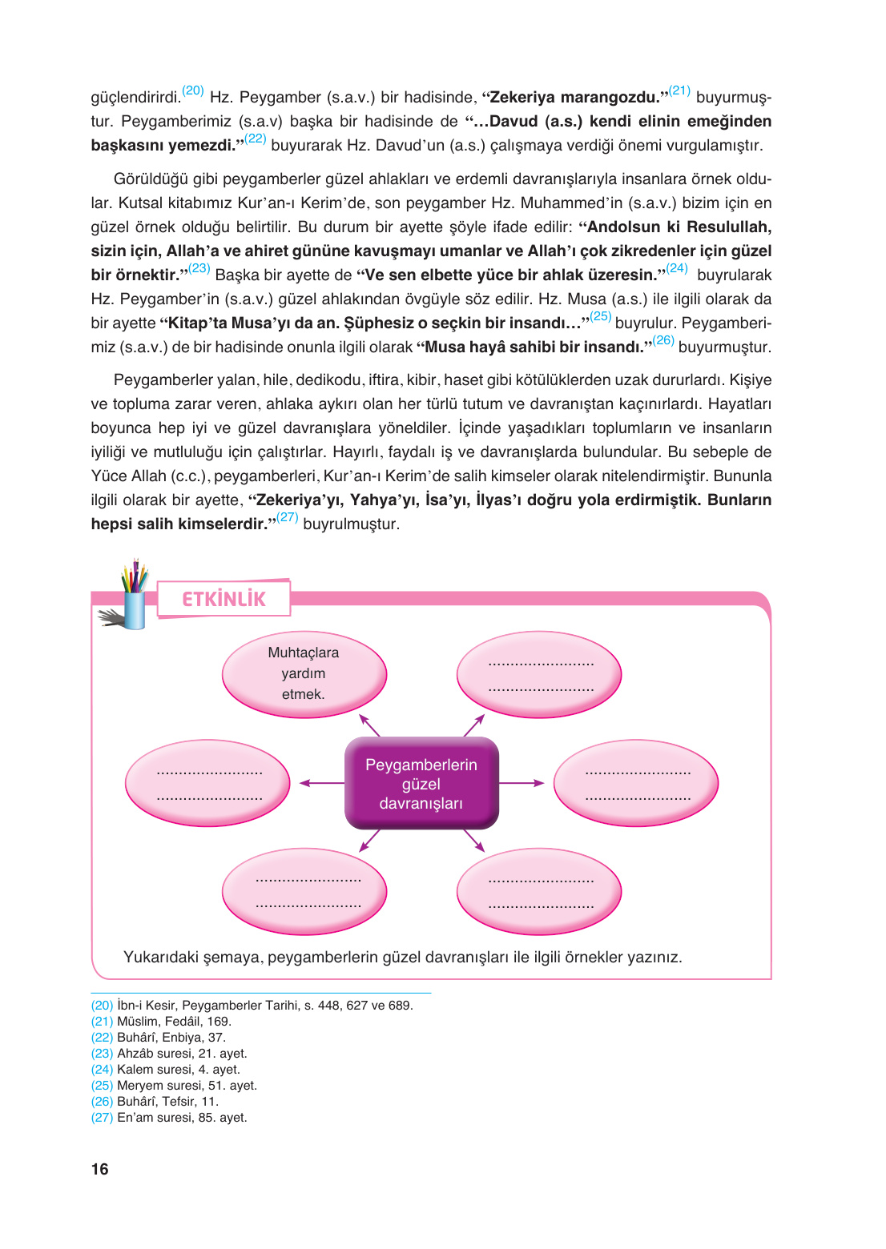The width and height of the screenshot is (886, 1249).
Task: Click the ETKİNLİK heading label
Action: (224, 599)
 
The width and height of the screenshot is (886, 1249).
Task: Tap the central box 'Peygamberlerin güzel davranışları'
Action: (421, 784)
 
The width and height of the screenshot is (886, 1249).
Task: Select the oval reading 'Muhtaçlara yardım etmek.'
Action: (304, 673)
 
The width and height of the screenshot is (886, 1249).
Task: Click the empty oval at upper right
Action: (540, 675)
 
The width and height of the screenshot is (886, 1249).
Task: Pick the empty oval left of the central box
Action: (208, 784)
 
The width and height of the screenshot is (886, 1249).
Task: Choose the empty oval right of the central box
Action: (636, 784)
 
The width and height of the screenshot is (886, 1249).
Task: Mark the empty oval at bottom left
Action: (305, 892)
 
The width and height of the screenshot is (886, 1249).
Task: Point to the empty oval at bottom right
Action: (540, 892)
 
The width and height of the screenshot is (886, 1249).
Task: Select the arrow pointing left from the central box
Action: (320, 783)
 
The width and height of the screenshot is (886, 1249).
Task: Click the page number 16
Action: (99, 1169)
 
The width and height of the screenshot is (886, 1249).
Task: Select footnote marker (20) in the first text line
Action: (193, 91)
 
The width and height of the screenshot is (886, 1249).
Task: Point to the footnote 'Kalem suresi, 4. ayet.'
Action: (178, 1070)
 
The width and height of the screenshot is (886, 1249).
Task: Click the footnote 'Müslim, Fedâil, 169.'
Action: (174, 1022)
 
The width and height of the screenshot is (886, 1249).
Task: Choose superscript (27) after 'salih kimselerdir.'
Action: (287, 518)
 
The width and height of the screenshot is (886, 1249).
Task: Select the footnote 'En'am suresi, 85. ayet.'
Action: (182, 1118)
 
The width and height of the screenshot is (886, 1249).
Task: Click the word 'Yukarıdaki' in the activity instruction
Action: (161, 958)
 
